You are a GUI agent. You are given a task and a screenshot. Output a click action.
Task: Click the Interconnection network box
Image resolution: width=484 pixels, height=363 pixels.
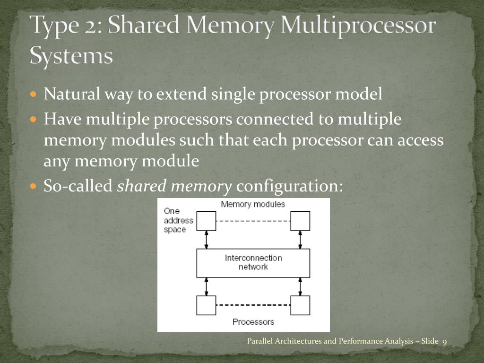(253, 263)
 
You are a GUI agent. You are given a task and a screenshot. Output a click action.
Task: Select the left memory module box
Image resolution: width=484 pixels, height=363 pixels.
(206, 221)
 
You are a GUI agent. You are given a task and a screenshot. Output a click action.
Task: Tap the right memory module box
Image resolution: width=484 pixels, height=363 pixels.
(300, 221)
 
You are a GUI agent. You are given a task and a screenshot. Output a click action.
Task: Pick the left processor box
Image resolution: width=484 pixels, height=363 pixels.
(206, 305)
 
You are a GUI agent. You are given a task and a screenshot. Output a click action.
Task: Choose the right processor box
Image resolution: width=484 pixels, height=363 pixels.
(300, 305)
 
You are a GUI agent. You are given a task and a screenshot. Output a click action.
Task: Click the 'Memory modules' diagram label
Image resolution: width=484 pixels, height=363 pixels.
(253, 204)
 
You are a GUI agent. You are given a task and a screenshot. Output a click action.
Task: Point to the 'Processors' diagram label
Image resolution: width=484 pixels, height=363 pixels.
(253, 322)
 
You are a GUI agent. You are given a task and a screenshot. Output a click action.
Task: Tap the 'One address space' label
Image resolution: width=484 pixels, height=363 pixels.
(178, 220)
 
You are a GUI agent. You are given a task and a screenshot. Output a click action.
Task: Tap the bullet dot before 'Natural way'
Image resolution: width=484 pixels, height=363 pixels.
(33, 94)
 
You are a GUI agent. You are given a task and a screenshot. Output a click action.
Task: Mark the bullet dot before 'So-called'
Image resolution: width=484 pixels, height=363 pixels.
(33, 186)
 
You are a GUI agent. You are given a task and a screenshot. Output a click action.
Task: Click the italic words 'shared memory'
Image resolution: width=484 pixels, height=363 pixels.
(174, 186)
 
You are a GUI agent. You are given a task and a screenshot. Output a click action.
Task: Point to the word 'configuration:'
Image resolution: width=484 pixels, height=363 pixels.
(289, 186)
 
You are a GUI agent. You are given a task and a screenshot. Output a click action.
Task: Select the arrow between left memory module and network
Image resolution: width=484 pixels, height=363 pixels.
(206, 240)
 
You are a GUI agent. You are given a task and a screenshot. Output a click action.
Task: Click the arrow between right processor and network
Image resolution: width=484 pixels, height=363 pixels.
(300, 286)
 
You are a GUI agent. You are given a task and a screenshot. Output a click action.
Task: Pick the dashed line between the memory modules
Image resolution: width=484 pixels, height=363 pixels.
(253, 221)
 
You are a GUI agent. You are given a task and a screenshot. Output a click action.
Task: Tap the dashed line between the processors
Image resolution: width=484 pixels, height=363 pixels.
(253, 305)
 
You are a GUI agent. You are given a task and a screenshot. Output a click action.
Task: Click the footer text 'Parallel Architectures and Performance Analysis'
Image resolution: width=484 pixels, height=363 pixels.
(326, 341)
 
